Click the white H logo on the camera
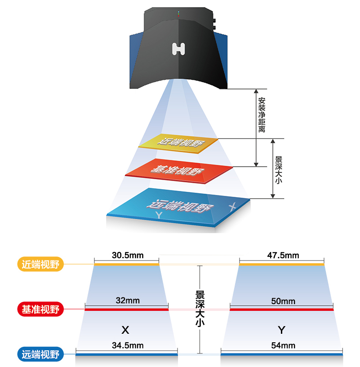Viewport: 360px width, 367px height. coord(178,49)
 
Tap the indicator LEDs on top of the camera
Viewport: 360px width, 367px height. coord(178,14)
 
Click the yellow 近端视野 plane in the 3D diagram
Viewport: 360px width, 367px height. coord(178,143)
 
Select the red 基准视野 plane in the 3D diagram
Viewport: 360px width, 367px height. coord(179,171)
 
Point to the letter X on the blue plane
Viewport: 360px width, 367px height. coord(232,207)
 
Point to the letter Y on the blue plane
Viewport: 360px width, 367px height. coord(159,215)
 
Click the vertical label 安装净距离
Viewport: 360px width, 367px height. coord(262,115)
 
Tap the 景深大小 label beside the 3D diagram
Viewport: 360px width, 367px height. coord(278,170)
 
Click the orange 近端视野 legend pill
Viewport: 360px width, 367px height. coord(40,264)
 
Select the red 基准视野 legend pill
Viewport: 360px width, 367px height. coord(40,309)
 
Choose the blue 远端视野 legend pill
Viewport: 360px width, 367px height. coord(40,354)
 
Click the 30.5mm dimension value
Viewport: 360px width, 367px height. coord(128,255)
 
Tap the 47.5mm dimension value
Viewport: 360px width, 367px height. coord(283,255)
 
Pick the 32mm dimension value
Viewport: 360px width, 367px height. coord(128,301)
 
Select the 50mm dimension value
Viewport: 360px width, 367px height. coord(283,301)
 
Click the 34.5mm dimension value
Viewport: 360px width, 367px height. coord(128,345)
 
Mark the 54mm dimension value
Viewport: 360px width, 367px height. coord(283,345)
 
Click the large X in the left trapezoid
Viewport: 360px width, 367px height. coord(125,330)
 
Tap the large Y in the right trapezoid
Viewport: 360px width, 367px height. coord(282,330)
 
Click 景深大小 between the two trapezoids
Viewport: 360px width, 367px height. coord(200,309)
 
